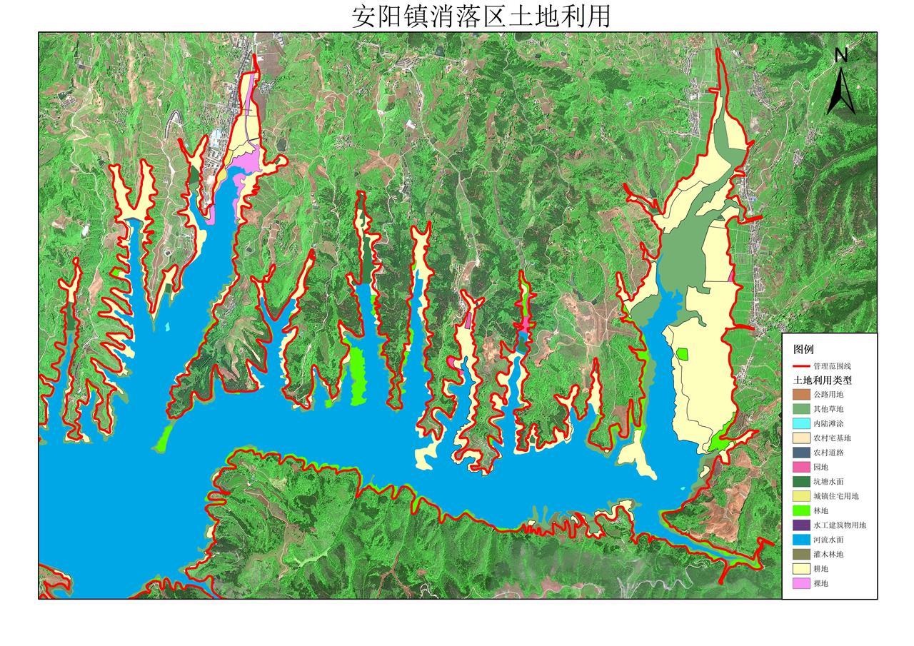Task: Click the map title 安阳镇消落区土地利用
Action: pyautogui.click(x=481, y=16)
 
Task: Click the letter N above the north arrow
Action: pyautogui.click(x=841, y=55)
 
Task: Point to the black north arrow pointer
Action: pyautogui.click(x=841, y=89)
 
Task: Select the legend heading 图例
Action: pyautogui.click(x=803, y=350)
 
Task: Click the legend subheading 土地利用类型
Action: pyautogui.click(x=823, y=380)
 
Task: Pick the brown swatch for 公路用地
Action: pyautogui.click(x=801, y=394)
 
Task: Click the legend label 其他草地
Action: pyautogui.click(x=828, y=409)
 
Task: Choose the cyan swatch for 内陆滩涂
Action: pyautogui.click(x=801, y=423)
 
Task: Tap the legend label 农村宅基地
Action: pyautogui.click(x=832, y=438)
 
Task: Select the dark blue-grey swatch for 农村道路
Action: pyautogui.click(x=801, y=453)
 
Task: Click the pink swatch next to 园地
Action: pyautogui.click(x=801, y=467)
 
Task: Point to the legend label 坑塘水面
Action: pyautogui.click(x=828, y=482)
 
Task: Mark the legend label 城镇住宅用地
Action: pyautogui.click(x=836, y=496)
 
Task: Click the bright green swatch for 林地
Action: pyautogui.click(x=801, y=510)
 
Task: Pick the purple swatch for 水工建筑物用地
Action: pyautogui.click(x=801, y=525)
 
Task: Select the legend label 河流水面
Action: pyautogui.click(x=828, y=540)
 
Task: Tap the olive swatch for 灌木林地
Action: pyautogui.click(x=801, y=554)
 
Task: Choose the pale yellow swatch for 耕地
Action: pyautogui.click(x=801, y=569)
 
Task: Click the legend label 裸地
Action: pyautogui.click(x=820, y=583)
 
